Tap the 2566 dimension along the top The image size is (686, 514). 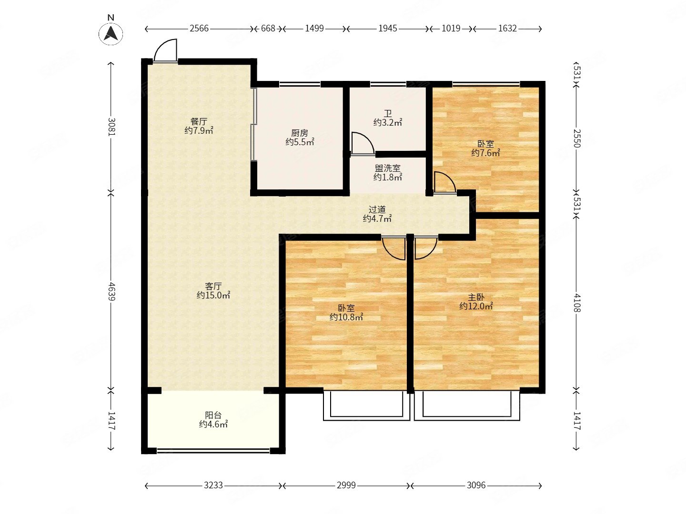(x=199, y=29)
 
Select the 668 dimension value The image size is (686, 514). (x=268, y=29)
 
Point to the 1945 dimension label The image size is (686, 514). (x=387, y=29)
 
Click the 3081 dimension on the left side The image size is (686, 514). (x=111, y=127)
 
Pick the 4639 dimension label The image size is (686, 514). (x=111, y=291)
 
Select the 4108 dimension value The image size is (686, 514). (x=577, y=303)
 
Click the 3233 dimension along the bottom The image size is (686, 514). (x=213, y=485)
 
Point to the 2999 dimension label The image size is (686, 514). (x=346, y=485)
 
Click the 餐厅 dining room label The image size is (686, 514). (x=199, y=121)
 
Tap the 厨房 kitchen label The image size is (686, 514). (x=299, y=133)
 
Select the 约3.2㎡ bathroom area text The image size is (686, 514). (x=387, y=123)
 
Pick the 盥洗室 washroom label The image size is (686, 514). (x=387, y=168)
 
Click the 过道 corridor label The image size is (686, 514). (x=377, y=209)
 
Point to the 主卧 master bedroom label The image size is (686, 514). (x=476, y=297)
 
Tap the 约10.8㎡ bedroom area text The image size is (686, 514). (x=346, y=317)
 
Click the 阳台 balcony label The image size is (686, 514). (x=213, y=415)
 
